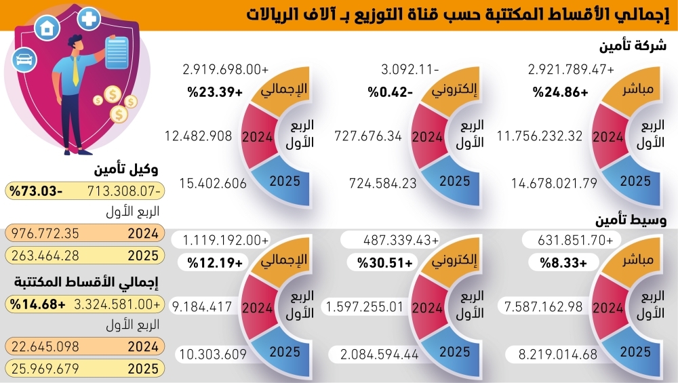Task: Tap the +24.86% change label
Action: coord(559,92)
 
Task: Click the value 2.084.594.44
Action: coord(374,353)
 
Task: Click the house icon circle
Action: coord(47,28)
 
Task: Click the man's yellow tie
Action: coord(75,72)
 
